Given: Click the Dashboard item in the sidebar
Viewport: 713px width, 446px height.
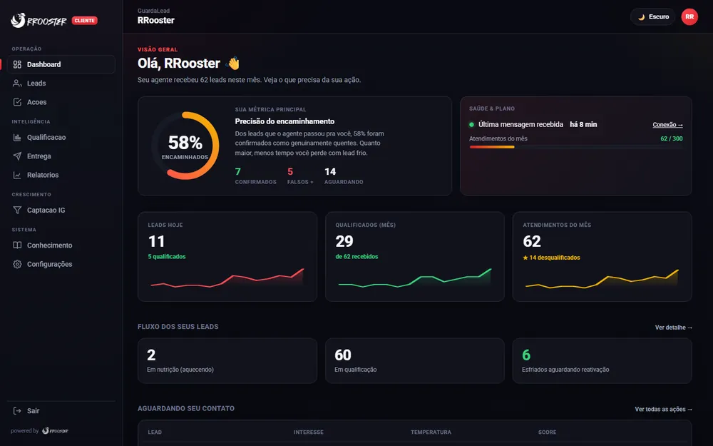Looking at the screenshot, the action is click(x=61, y=64).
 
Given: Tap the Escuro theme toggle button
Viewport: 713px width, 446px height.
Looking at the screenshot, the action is click(x=653, y=17).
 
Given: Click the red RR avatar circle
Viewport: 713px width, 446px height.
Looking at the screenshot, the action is click(x=689, y=17).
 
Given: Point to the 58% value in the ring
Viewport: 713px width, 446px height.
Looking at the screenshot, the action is click(x=185, y=143).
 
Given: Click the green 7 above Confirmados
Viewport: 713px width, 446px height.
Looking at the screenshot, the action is click(x=238, y=171).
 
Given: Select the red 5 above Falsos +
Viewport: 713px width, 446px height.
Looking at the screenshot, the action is click(x=290, y=171).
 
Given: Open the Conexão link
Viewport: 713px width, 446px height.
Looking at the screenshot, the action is click(x=667, y=125).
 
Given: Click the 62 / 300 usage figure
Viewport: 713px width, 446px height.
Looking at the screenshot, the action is click(x=671, y=138).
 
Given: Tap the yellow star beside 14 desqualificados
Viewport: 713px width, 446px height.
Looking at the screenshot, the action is click(x=525, y=258).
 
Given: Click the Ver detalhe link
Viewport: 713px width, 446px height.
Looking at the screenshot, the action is click(x=674, y=328).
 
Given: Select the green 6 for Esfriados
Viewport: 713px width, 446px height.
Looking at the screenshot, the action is click(x=526, y=355).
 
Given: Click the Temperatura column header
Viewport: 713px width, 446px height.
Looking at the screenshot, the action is click(x=431, y=432).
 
